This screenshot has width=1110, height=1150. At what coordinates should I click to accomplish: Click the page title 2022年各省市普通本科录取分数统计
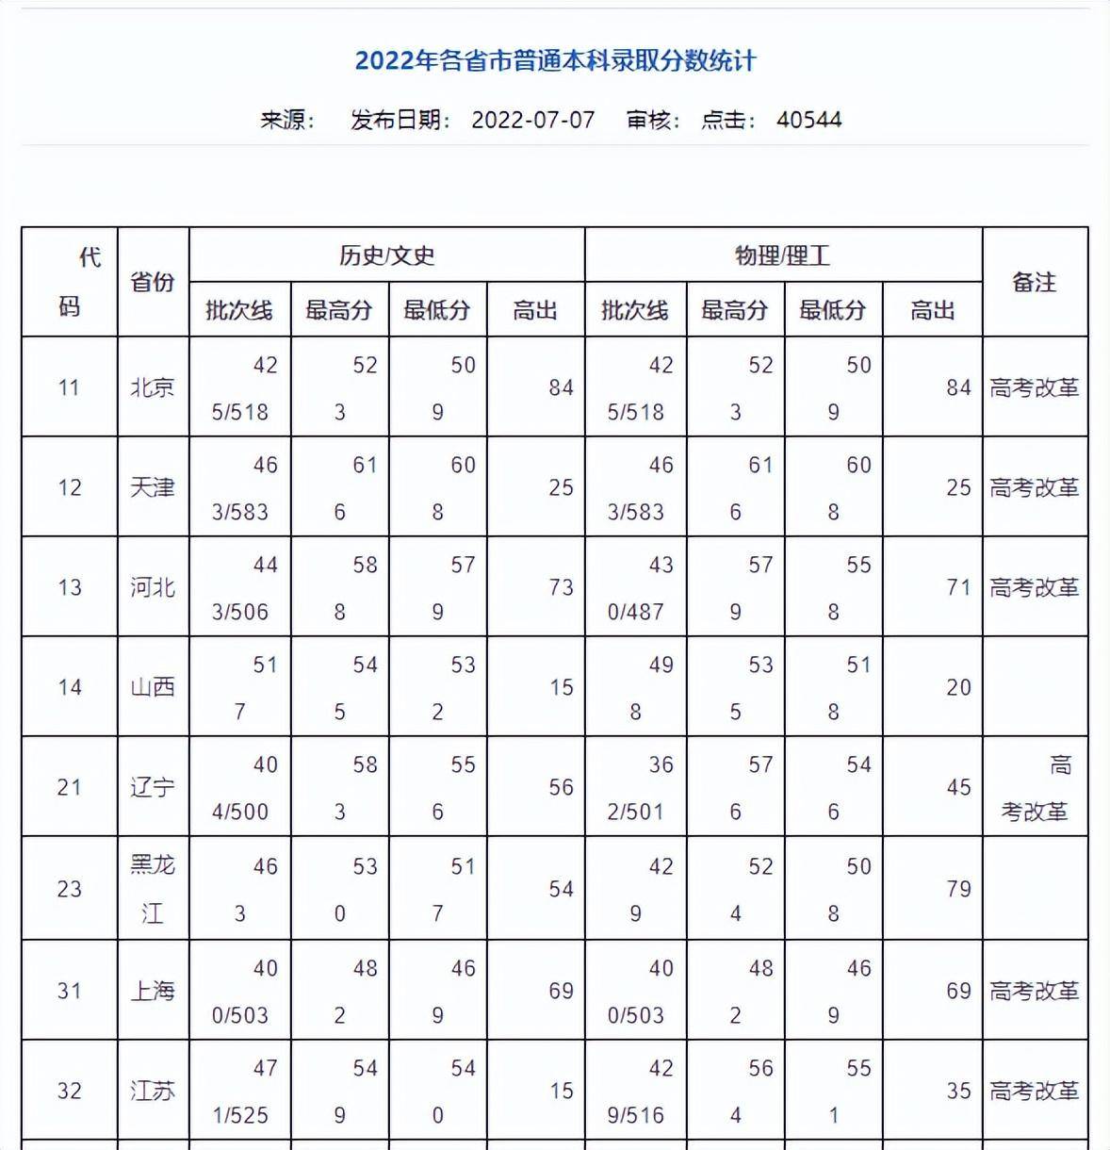click(x=555, y=61)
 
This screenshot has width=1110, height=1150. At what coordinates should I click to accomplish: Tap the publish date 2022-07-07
click(x=532, y=121)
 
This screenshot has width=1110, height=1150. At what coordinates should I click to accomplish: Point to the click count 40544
click(x=808, y=121)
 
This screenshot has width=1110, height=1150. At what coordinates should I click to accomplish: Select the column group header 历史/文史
click(x=386, y=255)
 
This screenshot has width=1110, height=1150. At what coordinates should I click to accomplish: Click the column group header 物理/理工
click(x=782, y=255)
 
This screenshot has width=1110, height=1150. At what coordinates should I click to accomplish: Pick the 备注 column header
click(x=1034, y=282)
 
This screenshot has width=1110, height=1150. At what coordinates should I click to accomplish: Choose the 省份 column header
click(x=153, y=282)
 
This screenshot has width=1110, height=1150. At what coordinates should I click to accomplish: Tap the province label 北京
click(x=153, y=387)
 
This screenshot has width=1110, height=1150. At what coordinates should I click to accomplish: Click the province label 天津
click(x=153, y=487)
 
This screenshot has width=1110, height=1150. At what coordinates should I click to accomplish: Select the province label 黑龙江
click(x=153, y=888)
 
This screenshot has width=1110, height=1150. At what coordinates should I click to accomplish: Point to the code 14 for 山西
click(x=70, y=687)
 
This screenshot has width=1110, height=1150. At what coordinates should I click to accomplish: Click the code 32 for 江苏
click(x=70, y=1091)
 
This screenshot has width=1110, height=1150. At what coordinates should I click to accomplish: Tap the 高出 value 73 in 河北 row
click(x=561, y=587)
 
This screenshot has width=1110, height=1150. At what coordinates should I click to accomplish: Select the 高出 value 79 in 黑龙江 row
click(x=958, y=889)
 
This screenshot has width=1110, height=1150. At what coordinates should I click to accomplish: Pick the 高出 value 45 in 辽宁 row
click(x=958, y=787)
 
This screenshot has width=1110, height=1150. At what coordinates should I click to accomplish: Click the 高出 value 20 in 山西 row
click(x=958, y=687)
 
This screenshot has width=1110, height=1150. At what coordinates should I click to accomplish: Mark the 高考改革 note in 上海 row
click(x=1034, y=991)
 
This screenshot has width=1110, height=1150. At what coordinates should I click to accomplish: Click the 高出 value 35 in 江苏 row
click(x=958, y=1091)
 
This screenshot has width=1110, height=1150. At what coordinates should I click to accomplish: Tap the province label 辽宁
click(x=153, y=787)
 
